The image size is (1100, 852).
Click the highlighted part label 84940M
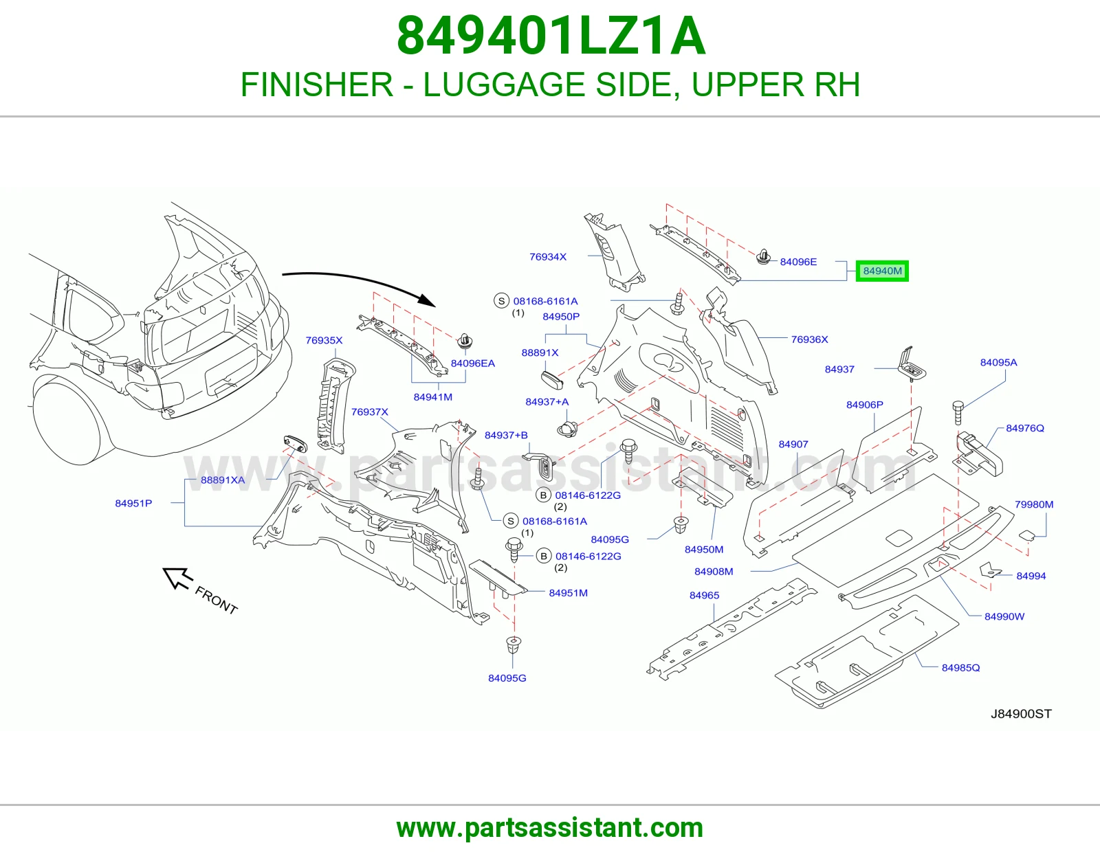882,271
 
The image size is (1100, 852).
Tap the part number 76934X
548,257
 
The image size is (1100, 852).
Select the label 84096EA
473,363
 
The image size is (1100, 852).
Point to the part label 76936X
809,339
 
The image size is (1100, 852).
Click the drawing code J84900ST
1021,714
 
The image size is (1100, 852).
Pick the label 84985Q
961,668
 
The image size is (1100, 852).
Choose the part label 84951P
133,504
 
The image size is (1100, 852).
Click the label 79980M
1034,504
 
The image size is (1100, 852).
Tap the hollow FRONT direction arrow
177,578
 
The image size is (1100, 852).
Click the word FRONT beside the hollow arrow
216,601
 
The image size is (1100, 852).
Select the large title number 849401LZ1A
551,36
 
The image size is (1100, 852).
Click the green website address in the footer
550,828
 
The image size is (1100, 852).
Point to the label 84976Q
1025,428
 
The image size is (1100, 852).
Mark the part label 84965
704,596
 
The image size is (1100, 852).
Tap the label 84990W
1004,617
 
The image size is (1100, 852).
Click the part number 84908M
714,572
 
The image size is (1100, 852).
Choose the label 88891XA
223,480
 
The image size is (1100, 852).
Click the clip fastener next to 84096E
763,258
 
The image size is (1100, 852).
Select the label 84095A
999,362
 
